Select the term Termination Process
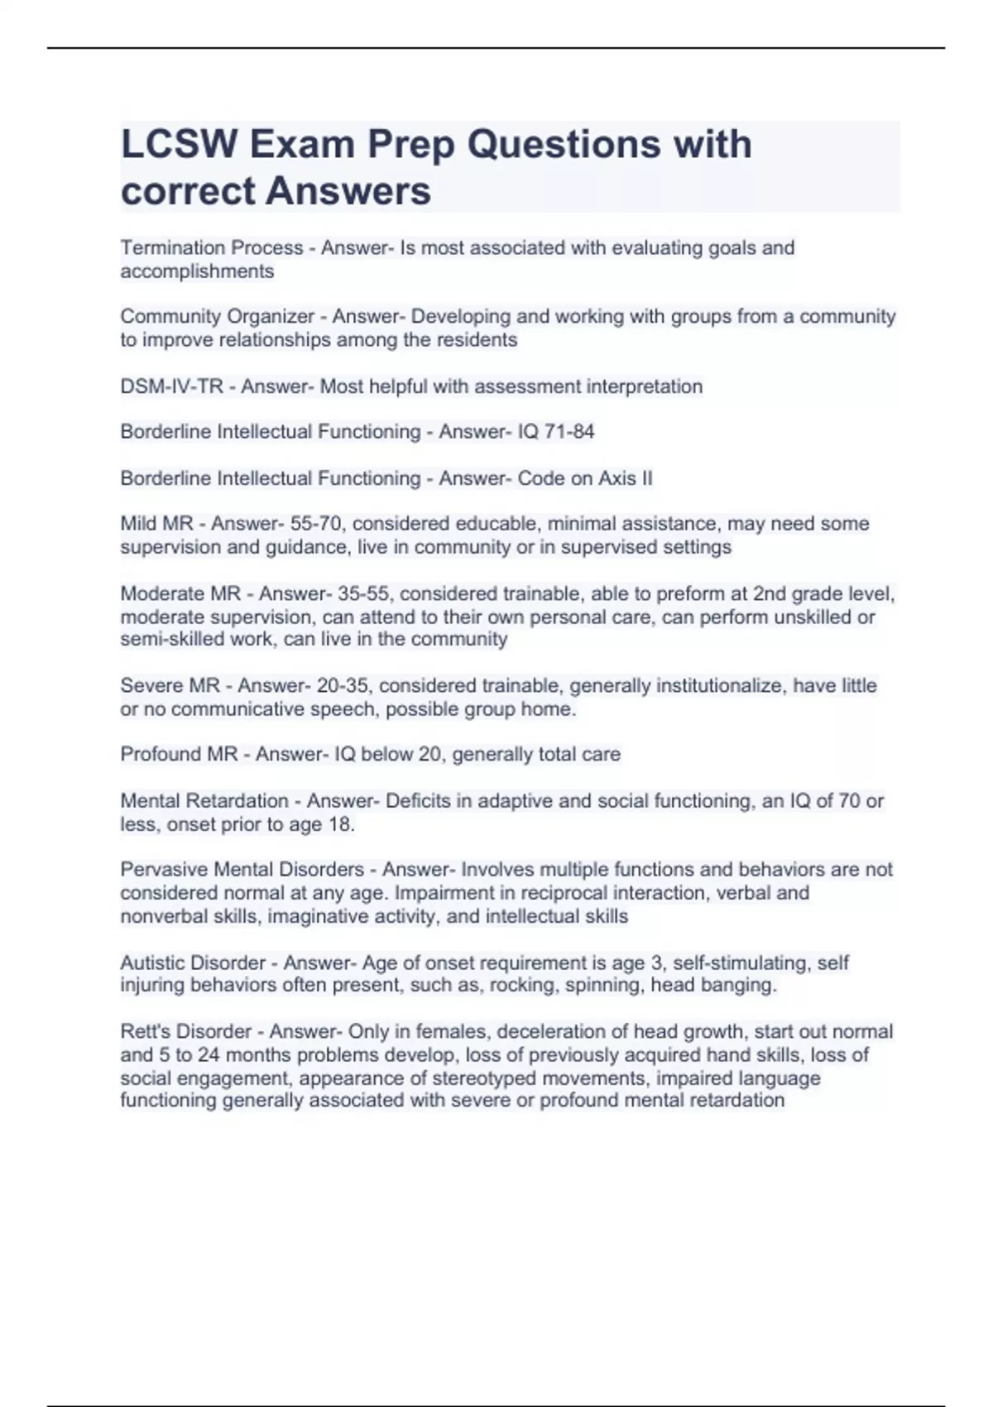[212, 247]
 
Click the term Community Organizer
[218, 316]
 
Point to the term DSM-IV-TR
[172, 387]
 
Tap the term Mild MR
[156, 524]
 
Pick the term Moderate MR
[180, 593]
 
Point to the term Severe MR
[170, 685]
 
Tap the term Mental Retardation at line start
[204, 800]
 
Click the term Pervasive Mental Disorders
[242, 869]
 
